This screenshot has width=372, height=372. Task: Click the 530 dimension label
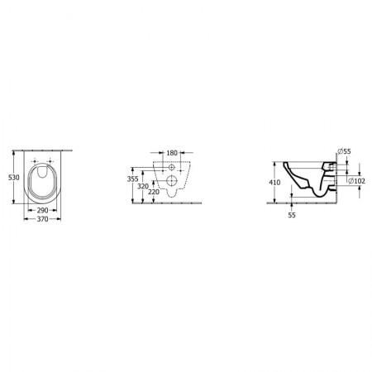[x=14, y=178]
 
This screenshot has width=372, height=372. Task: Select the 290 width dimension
[x=42, y=210]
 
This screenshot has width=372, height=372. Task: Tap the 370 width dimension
[x=42, y=219]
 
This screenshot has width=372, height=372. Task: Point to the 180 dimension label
[x=172, y=153]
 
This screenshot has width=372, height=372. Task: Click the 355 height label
[x=132, y=179]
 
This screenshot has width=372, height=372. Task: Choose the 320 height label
[x=143, y=186]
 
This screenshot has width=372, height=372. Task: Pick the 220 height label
[x=154, y=192]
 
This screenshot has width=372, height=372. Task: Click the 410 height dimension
[x=274, y=183]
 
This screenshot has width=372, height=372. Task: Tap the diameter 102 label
[x=356, y=181]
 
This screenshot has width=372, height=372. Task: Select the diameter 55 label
[x=344, y=151]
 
